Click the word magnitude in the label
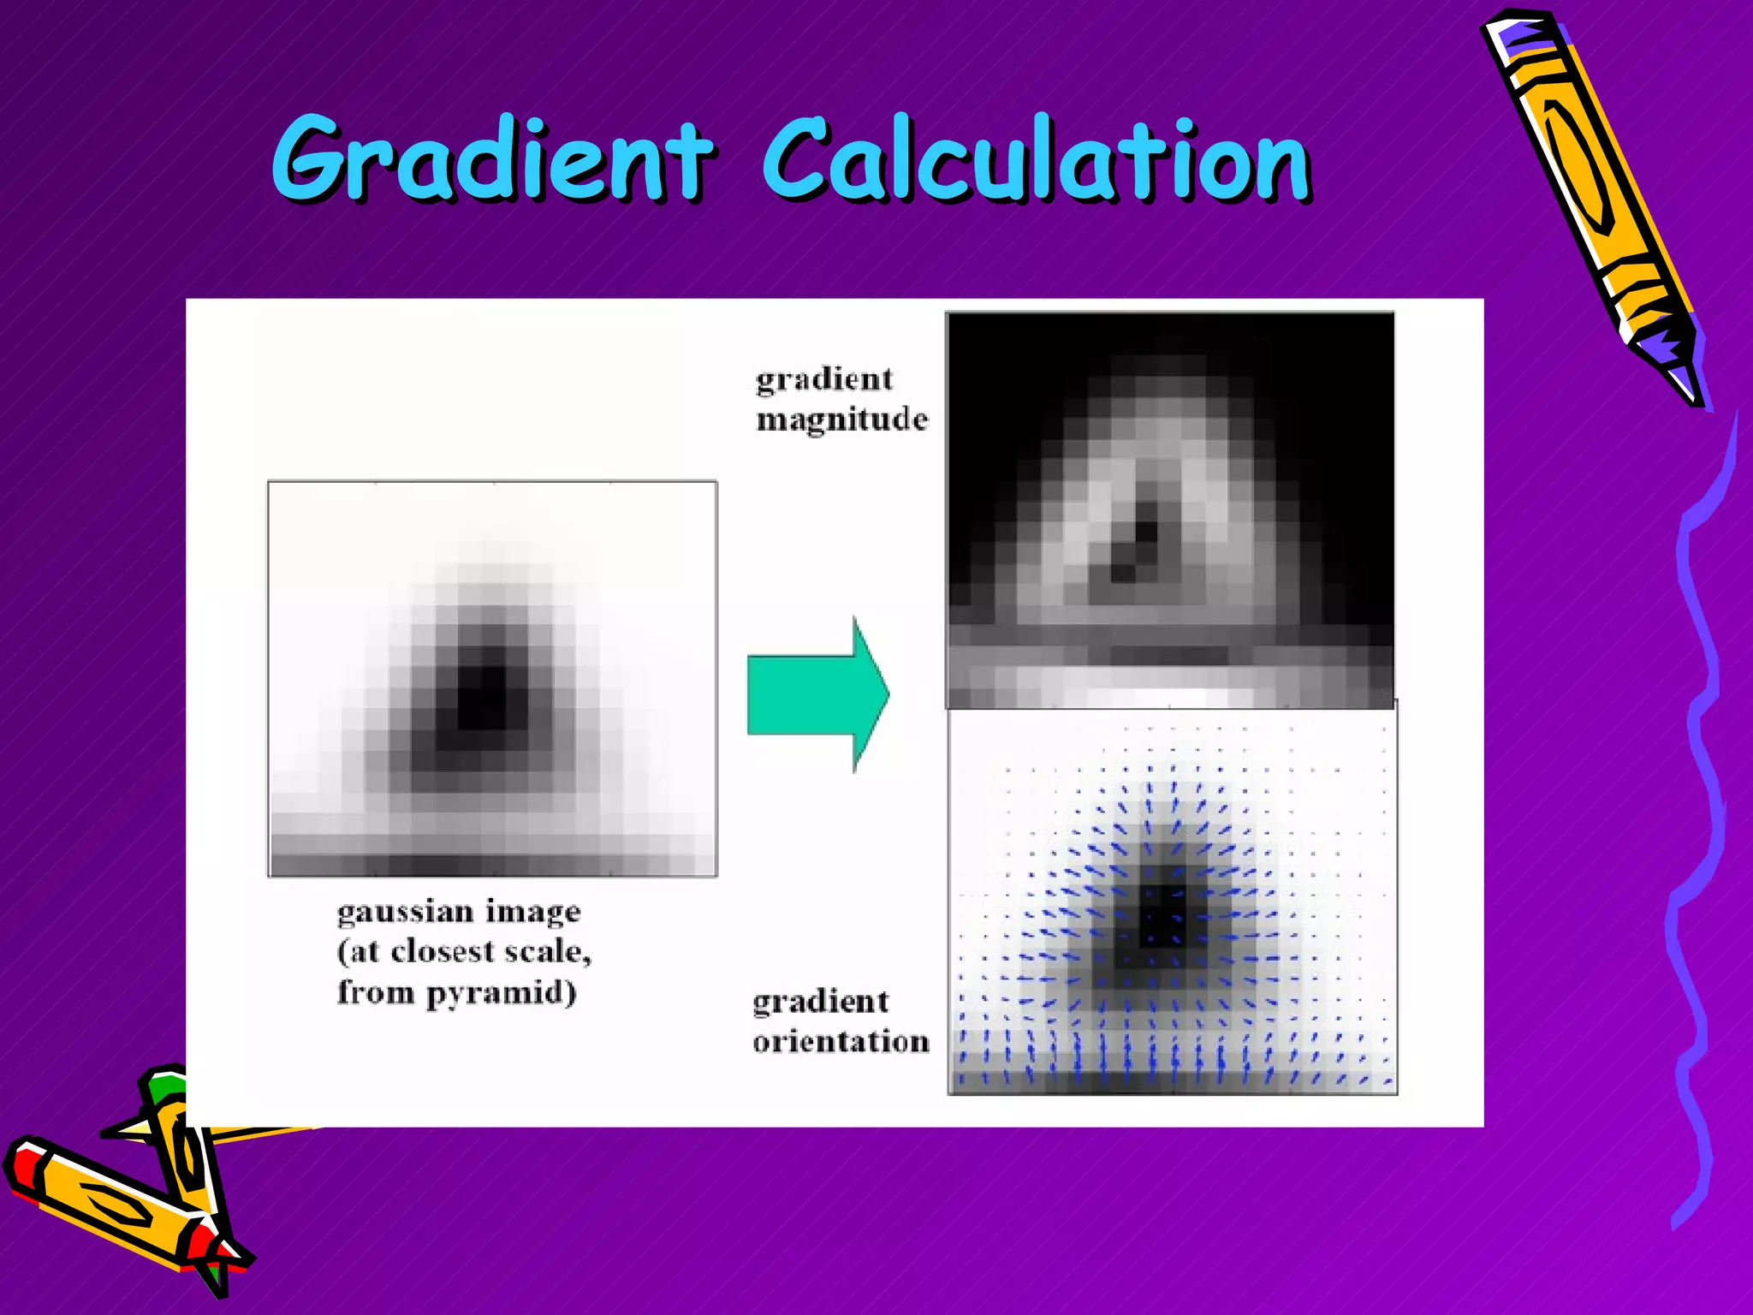click(841, 420)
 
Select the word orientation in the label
click(841, 1042)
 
